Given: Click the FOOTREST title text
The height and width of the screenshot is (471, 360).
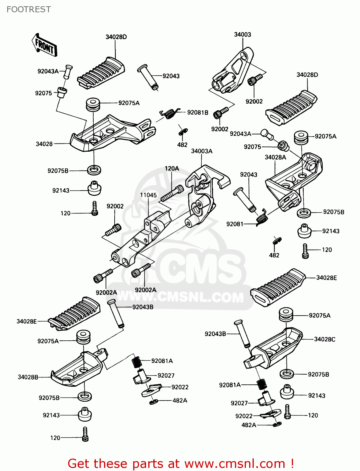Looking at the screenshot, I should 29,9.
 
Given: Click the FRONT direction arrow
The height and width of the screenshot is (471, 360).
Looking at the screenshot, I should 44,45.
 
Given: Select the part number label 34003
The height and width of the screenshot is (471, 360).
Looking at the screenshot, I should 242,35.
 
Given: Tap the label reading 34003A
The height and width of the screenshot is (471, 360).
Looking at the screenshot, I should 202,151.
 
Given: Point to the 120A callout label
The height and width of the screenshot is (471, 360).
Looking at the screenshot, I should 172,169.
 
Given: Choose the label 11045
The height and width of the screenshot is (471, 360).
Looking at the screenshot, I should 148,195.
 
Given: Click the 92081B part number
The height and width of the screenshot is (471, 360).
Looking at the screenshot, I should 198,112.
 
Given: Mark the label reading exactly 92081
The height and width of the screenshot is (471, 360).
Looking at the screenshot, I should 235,224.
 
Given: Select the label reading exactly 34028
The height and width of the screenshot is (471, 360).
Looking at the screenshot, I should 44,144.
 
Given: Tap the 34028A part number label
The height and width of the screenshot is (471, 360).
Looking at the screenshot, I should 275,157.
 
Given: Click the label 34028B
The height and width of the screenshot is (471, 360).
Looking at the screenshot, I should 28,377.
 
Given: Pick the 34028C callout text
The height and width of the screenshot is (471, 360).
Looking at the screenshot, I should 325,339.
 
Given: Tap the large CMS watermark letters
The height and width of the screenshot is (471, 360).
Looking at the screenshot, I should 201,270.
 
